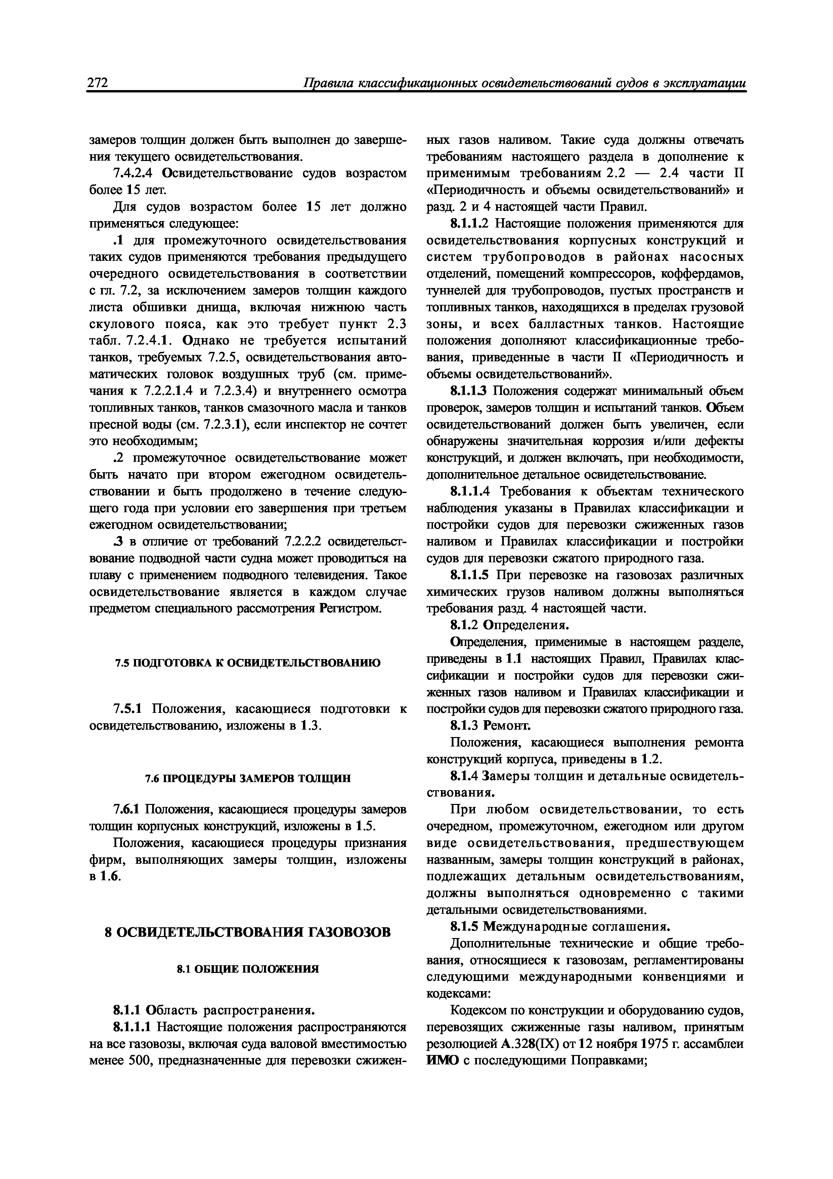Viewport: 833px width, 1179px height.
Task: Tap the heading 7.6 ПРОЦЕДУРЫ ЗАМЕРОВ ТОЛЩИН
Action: pyautogui.click(x=248, y=778)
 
